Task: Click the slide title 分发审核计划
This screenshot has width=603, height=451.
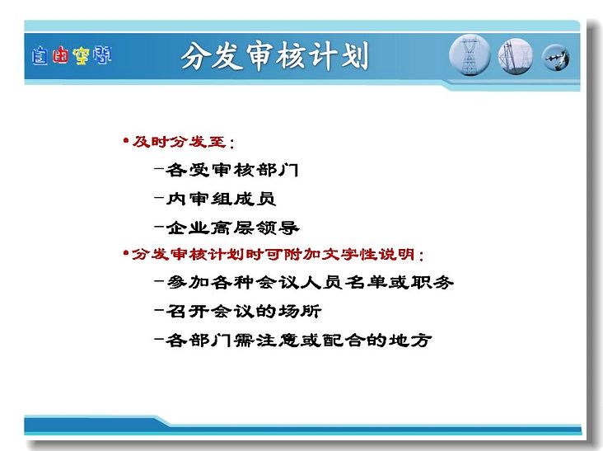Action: (274, 56)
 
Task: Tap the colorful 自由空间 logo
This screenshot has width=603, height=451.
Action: (72, 56)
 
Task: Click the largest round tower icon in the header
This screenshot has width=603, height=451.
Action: (470, 55)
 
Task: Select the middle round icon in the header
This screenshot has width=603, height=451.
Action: (516, 56)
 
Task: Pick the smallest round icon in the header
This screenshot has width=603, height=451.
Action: (556, 58)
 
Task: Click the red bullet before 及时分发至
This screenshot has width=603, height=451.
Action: (126, 141)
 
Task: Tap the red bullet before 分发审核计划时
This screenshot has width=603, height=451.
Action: (126, 253)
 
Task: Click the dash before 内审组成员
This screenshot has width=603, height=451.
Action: (159, 198)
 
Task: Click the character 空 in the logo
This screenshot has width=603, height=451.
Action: (82, 56)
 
